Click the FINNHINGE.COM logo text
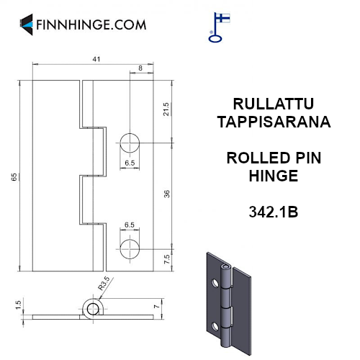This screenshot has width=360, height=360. point(91,24)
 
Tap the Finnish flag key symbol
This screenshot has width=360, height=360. point(219,27)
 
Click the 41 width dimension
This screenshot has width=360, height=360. point(96,59)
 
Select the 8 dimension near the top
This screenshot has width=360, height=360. point(140,68)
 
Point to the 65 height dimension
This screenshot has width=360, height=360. point(14,177)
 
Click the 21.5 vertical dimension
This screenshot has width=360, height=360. point(166,109)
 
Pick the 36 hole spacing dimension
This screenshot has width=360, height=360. point(166,194)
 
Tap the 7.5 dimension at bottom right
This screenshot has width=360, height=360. point(166,259)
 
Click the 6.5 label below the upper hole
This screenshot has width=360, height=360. point(130,163)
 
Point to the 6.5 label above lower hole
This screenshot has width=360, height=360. point(130,225)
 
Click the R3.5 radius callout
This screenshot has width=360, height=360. point(104,284)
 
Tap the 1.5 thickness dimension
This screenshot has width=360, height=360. point(18,305)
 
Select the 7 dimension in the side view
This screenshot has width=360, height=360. point(156,307)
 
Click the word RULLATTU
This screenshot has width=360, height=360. point(274,104)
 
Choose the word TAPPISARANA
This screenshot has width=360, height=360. point(274,122)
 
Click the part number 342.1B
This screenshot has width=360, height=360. point(274,212)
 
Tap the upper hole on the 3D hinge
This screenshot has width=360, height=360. point(215,283)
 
